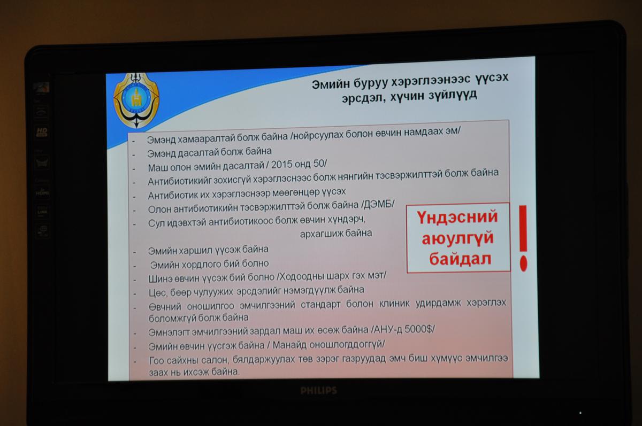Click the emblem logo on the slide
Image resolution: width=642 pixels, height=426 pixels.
tap(136, 100)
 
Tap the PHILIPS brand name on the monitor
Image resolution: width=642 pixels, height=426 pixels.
tap(318, 391)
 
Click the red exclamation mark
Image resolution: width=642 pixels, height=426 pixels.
tap(523, 238)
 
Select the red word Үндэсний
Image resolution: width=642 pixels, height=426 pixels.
tap(457, 217)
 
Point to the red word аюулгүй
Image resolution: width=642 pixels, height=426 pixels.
tap(458, 238)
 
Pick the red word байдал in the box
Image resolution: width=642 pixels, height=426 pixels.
tap(460, 259)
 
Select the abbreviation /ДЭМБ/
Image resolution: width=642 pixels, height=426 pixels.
tap(378, 204)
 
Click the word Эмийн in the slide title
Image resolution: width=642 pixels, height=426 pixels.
tap(331, 84)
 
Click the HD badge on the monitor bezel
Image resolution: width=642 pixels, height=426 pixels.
tap(42, 131)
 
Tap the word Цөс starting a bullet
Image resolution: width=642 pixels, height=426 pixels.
tap(158, 293)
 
